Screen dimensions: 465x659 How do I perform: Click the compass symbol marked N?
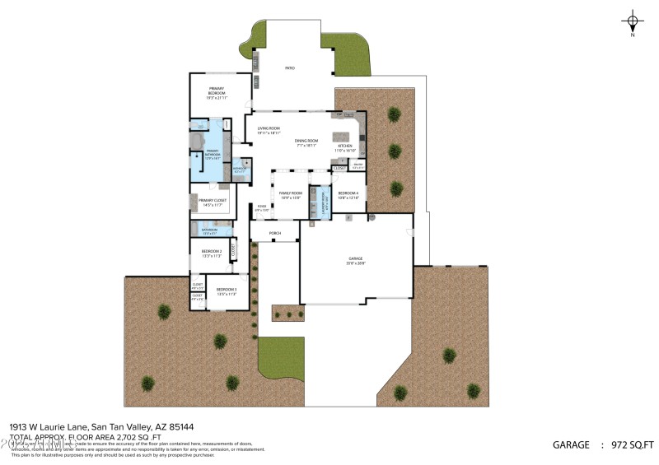633,22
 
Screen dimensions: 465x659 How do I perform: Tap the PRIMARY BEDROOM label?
217,91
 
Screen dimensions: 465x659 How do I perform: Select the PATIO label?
290,68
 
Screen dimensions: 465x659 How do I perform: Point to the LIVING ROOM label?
269,129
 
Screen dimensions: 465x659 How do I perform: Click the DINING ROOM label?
306,142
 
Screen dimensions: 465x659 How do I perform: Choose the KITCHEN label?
345,148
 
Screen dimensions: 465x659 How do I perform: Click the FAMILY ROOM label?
290,194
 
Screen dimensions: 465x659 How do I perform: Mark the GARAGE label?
355,260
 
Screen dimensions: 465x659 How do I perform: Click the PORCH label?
275,234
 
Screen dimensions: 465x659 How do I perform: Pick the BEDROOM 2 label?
212,253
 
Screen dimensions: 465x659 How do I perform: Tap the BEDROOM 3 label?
227,291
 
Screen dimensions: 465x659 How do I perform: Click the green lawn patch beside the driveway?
281,355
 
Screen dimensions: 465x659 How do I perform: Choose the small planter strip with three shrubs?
287,313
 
